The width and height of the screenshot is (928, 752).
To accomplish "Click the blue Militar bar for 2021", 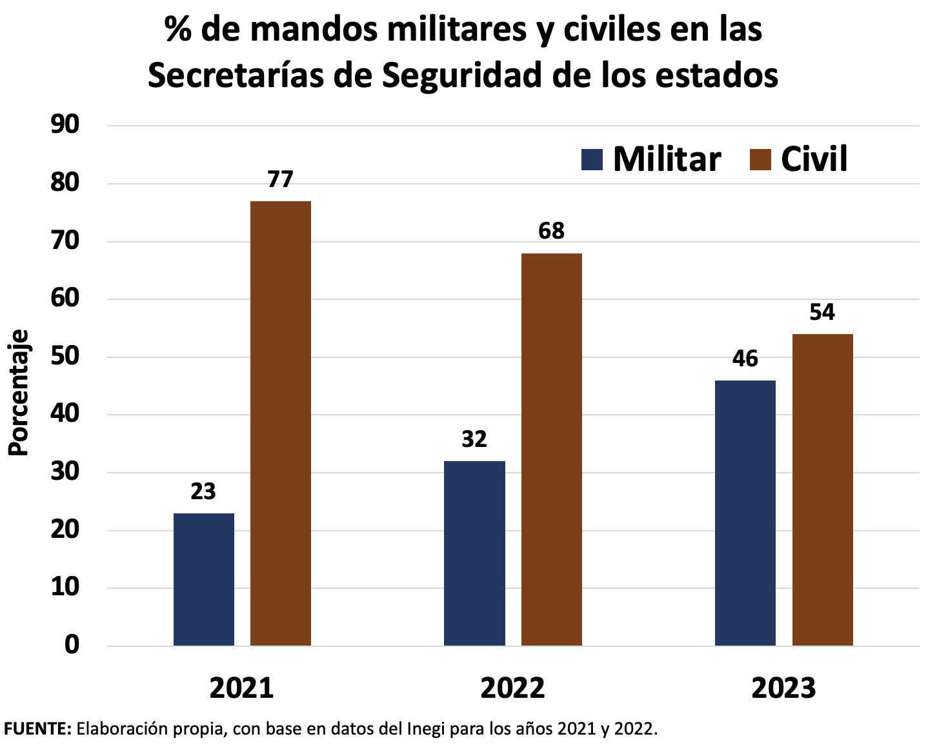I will tap(203, 579).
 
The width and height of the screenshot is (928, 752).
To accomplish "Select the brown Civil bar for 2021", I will tap(280, 423).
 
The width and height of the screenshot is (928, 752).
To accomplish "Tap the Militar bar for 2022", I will tap(474, 553).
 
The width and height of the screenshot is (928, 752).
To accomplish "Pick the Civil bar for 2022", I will tap(551, 450).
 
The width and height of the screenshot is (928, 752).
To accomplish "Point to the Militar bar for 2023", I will tap(745, 513).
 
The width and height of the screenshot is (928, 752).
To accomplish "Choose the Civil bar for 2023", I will tap(822, 490).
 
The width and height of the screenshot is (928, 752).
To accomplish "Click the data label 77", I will tap(280, 179).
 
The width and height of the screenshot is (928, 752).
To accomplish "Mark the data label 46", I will tap(745, 359).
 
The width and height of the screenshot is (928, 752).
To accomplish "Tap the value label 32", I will tap(474, 439).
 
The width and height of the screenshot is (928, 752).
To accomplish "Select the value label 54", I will tap(822, 312).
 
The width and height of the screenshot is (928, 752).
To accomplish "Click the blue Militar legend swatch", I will tap(591, 159).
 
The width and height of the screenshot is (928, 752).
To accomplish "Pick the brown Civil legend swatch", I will tap(760, 159).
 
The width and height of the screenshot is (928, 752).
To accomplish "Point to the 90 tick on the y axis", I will tap(65, 125).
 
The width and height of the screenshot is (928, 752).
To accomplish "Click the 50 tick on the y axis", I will tap(65, 357).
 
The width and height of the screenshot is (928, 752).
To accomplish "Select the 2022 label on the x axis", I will tap(512, 688).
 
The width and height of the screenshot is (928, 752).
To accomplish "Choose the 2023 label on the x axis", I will tap(783, 688).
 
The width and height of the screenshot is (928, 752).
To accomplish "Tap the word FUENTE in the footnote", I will tap(37, 729).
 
